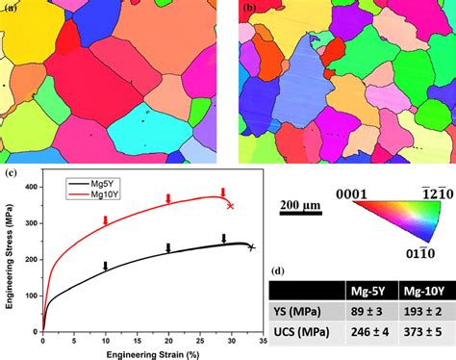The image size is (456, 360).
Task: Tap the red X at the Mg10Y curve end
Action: click(231, 206)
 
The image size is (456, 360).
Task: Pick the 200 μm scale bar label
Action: click(297, 205)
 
